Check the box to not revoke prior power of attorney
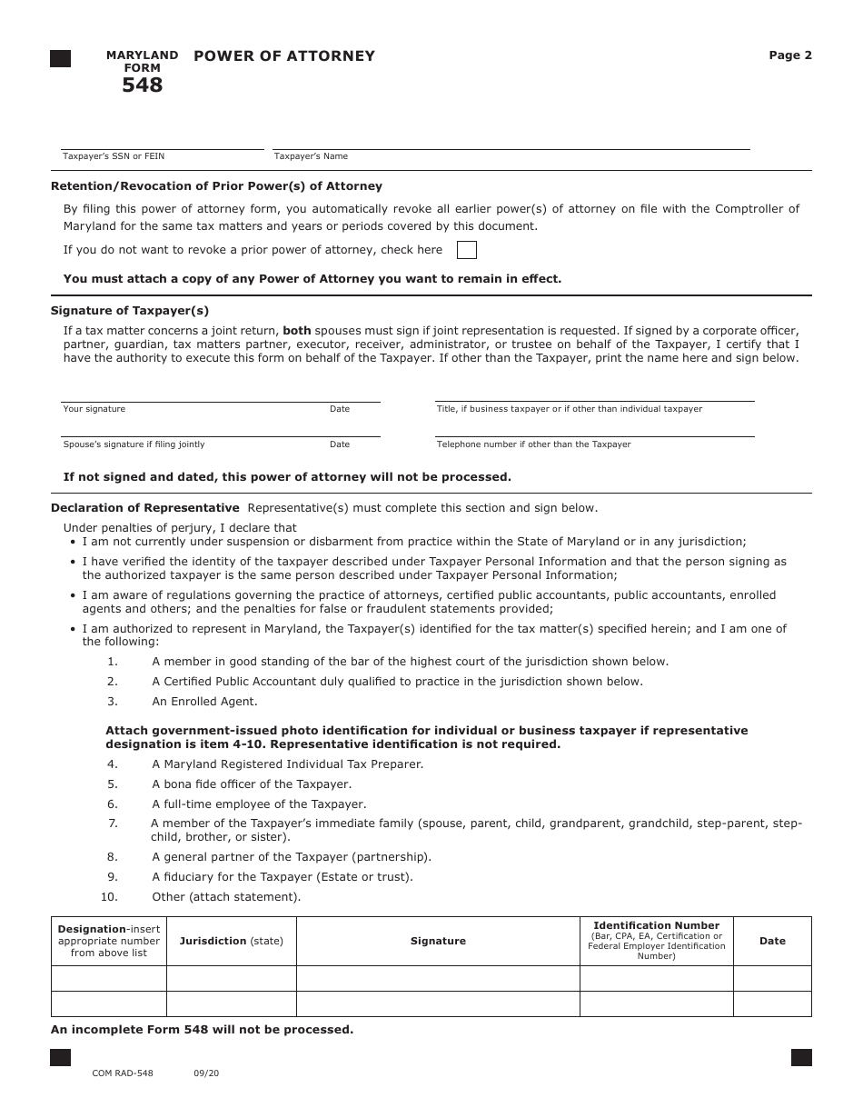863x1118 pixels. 466,250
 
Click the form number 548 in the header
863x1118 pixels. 143,85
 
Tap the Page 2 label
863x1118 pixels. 790,55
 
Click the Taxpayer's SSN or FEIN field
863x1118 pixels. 162,141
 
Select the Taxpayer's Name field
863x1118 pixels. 511,141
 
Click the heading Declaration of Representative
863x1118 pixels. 145,508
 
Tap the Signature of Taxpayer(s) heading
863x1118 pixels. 130,311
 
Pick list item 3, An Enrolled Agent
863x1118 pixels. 204,702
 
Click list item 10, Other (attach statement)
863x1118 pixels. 225,897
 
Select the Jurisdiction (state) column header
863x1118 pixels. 231,942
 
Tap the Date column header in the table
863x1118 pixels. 772,942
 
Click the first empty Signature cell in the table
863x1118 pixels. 438,978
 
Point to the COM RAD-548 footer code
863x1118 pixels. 123,1073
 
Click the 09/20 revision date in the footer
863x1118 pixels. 206,1073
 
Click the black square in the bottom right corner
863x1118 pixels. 801,1057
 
